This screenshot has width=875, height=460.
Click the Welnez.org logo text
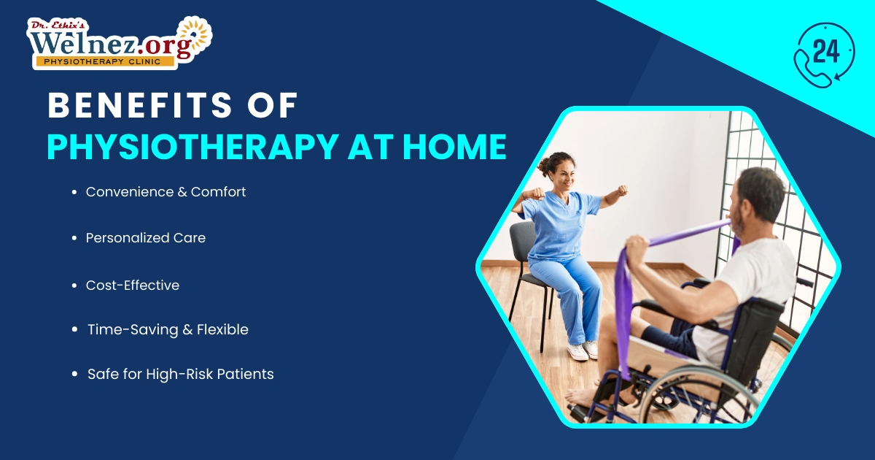pos(109,42)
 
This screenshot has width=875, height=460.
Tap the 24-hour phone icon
pos(823,55)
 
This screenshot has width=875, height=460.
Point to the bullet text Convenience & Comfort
pos(166,192)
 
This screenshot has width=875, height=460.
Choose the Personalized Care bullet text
pos(145,238)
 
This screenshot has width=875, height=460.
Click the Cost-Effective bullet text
pos(132,285)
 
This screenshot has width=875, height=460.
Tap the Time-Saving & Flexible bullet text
pos(168,330)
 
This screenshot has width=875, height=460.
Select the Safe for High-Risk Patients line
pos(180,375)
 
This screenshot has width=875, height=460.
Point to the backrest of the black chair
pos(522,241)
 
